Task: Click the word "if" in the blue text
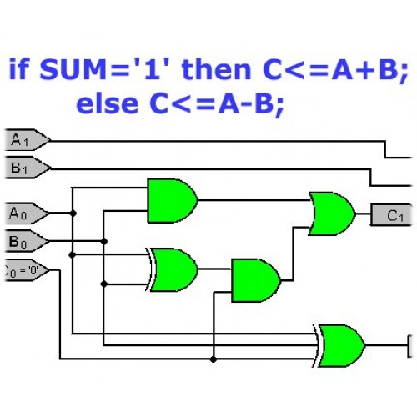coord(19,68)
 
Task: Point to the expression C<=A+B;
coord(335,70)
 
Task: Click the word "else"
coord(107,103)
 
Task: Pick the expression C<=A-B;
coord(217,104)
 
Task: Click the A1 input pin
coord(28,140)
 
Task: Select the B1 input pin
coord(28,168)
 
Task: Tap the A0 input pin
coord(27,214)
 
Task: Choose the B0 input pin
coord(27,241)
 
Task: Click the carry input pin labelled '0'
coord(27,270)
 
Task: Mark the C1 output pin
coord(391,214)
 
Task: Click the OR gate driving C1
coord(332,214)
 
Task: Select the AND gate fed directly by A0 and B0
coord(173,200)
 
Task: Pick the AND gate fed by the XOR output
coord(256,280)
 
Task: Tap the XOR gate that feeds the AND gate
coord(173,269)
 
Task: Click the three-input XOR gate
coord(339,346)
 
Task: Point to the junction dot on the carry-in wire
coord(214,359)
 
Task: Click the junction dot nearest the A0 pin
coord(73,214)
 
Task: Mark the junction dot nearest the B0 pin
coord(104,241)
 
